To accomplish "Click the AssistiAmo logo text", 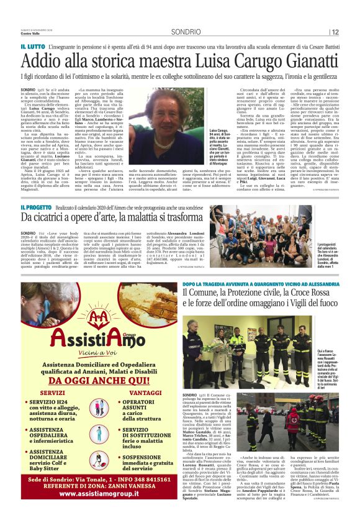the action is (96, 339).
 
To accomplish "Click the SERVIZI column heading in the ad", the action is (52, 394).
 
